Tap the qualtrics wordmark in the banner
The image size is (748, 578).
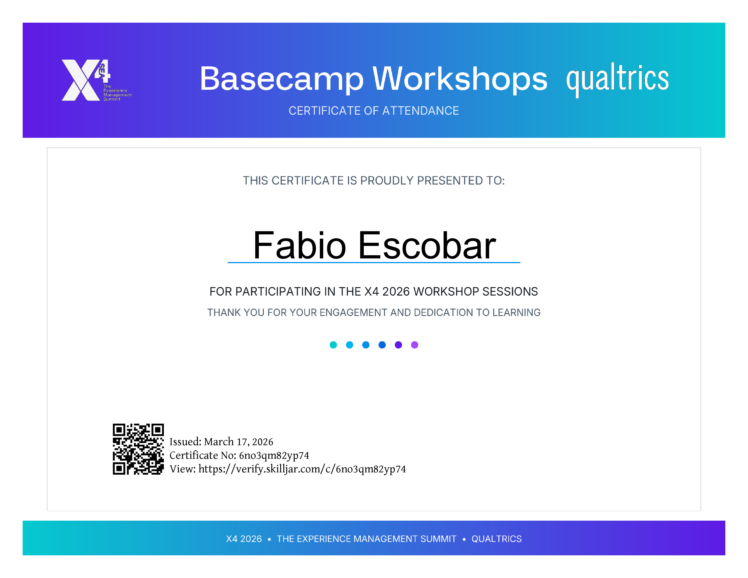point(617,79)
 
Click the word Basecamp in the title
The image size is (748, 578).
point(282,79)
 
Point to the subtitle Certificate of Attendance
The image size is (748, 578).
point(374,111)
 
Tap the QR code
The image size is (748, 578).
point(138,449)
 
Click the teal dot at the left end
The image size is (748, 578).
point(333,345)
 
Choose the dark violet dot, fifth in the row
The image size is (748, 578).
point(398,345)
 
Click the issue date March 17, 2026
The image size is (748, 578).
point(239,442)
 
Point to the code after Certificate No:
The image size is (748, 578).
point(274,455)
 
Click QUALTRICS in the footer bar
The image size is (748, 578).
point(497,539)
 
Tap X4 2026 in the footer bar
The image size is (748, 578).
point(244,539)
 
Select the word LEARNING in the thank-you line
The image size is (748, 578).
point(517,312)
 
